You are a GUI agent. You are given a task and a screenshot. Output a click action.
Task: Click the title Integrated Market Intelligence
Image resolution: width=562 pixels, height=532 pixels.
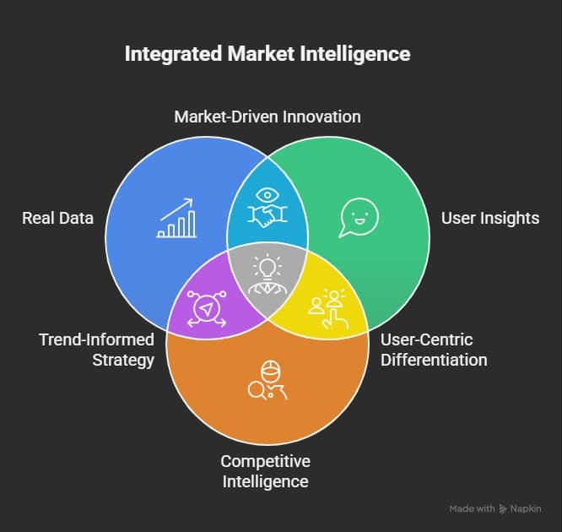[267, 54]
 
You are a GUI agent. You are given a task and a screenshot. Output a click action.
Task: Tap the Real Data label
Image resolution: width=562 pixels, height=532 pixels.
[57, 219]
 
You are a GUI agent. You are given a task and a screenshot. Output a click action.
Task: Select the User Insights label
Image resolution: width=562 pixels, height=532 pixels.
[489, 219]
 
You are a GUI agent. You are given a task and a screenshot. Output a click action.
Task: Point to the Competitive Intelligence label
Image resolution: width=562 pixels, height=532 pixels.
[265, 471]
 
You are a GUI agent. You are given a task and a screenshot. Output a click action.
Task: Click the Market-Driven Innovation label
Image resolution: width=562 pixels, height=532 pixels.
[267, 117]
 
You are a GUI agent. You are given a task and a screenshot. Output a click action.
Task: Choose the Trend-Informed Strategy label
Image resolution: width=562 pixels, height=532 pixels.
[97, 350]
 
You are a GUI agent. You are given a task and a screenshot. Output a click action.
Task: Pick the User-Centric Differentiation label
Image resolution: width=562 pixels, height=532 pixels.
[433, 350]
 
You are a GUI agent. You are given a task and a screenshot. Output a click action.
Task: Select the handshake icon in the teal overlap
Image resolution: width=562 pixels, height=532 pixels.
[267, 205]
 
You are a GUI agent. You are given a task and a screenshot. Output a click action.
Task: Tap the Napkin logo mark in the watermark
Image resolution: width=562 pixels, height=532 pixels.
[504, 509]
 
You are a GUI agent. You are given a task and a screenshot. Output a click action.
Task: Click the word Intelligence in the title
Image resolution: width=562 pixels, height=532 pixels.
[359, 54]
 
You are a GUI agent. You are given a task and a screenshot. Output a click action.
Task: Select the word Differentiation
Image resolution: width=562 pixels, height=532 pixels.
[433, 360]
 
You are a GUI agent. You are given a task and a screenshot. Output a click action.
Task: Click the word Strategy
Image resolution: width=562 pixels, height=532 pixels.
[126, 360]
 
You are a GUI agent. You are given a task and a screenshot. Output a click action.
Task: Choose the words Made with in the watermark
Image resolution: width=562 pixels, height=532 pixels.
[472, 509]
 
